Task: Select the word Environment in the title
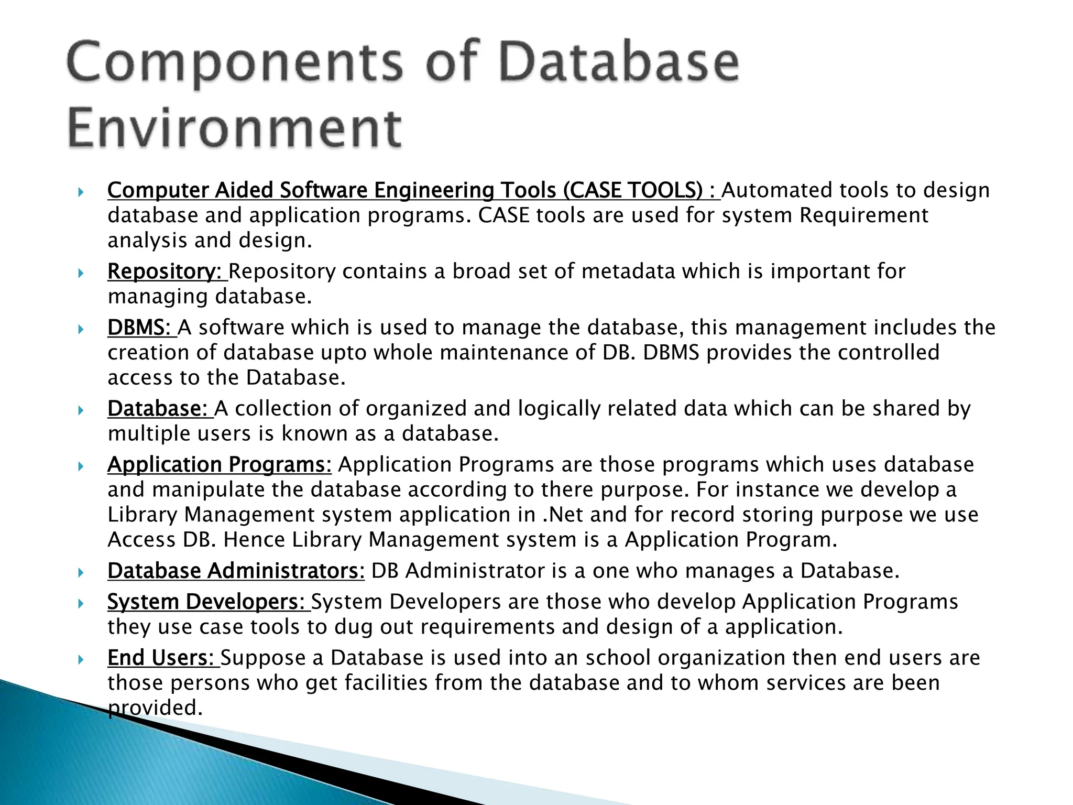pos(235,128)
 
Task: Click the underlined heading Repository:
pos(166,271)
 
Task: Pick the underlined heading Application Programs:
pos(220,465)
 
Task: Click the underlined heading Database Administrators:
pos(236,571)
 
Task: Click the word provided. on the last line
pos(155,708)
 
